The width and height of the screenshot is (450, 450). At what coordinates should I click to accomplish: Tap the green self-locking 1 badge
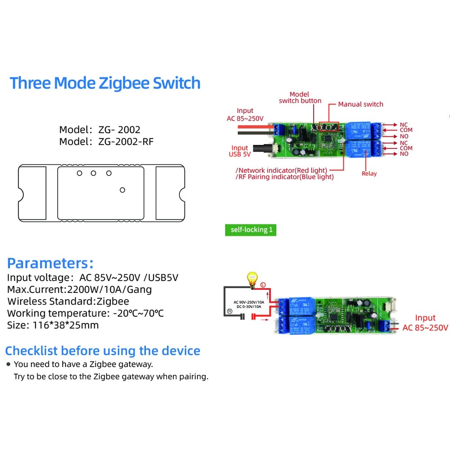(x=251, y=230)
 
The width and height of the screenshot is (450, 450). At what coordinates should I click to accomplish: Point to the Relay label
(x=369, y=174)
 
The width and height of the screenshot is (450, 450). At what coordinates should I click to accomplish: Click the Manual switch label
(x=360, y=104)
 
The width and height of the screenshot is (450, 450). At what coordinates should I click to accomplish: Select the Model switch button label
(x=300, y=98)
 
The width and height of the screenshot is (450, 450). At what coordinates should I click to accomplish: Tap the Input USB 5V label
(x=239, y=151)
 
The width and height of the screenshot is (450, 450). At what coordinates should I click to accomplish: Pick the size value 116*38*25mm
(x=66, y=325)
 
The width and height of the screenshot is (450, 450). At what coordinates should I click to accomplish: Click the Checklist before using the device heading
(x=103, y=351)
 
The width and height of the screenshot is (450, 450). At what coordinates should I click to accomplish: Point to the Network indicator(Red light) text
(x=282, y=170)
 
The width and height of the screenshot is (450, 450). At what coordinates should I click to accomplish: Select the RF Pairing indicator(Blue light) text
(x=285, y=177)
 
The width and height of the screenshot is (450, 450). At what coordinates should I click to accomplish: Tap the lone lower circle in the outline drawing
(x=122, y=190)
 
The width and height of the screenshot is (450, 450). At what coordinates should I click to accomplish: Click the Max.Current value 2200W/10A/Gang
(x=109, y=289)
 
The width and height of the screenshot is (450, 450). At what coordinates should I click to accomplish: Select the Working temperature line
(x=85, y=313)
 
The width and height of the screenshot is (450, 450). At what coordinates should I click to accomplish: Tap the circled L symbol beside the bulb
(x=263, y=285)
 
